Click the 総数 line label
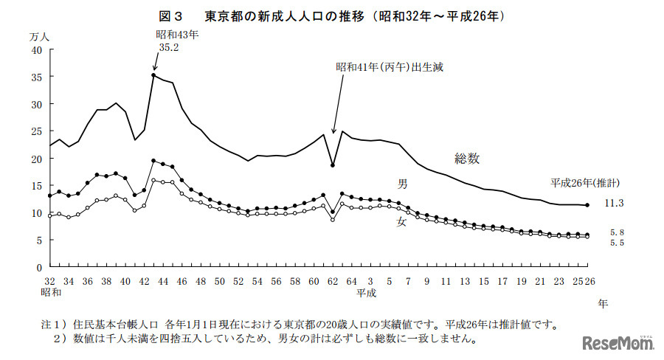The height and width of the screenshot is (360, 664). pos(467,158)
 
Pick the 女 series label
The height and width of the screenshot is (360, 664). pos(401,221)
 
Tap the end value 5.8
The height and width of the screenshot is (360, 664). pos(617,232)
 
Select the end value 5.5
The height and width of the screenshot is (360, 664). pos(617,243)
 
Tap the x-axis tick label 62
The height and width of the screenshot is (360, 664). pos(333,281)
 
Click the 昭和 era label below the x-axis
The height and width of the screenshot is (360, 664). pos(51,293)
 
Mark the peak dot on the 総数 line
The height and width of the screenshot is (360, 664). pos(153,75)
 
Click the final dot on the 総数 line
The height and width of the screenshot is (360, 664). pos(587,205)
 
